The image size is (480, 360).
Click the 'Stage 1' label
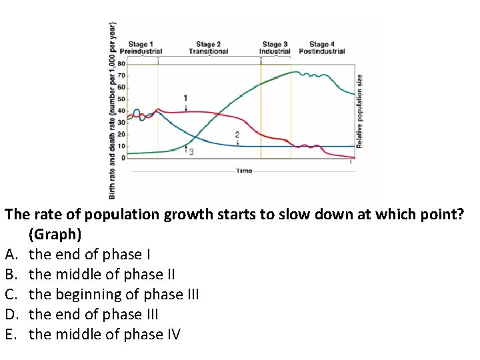coord(140,44)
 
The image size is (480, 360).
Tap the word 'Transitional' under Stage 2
coord(208,51)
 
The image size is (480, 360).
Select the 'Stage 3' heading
coord(275,44)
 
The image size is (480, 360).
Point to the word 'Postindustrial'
coord(322,51)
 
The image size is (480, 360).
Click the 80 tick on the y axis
coord(121,63)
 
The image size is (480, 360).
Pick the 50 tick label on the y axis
coord(121,99)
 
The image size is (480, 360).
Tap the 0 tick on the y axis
coord(123,158)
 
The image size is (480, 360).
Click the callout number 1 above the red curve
coord(185,98)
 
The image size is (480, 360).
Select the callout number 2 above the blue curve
coord(237,135)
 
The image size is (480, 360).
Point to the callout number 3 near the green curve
coord(191,152)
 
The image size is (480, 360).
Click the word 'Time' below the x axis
coord(244,171)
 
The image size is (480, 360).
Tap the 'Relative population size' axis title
coord(360,111)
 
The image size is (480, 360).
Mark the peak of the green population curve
coord(294,72)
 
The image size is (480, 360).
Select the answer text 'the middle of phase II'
coord(102,275)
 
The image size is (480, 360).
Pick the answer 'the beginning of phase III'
coord(114,295)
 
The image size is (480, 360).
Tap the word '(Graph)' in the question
coord(55,235)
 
